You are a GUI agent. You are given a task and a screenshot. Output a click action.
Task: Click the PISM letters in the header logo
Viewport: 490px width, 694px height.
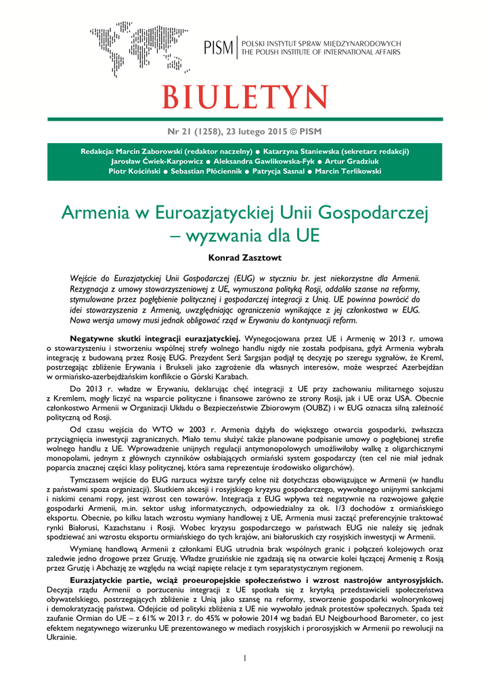click(x=217, y=48)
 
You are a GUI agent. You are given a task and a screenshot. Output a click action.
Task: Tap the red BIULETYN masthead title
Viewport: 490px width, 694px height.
click(x=245, y=96)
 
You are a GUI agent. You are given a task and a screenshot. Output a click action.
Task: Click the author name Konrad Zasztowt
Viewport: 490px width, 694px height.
click(x=245, y=258)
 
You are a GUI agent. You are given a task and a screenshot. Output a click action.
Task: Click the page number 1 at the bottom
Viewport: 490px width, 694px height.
click(x=245, y=657)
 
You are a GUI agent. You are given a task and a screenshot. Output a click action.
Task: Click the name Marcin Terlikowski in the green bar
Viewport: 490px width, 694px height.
click(x=347, y=171)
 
